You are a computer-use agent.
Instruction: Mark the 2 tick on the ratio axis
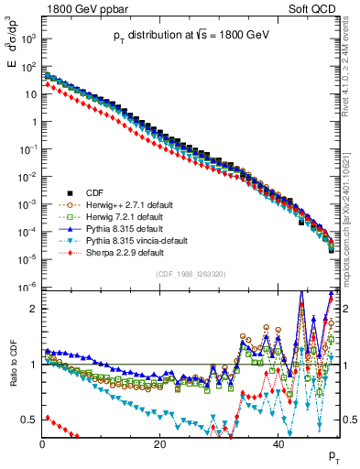33,309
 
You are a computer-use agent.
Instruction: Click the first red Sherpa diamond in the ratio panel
47,418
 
